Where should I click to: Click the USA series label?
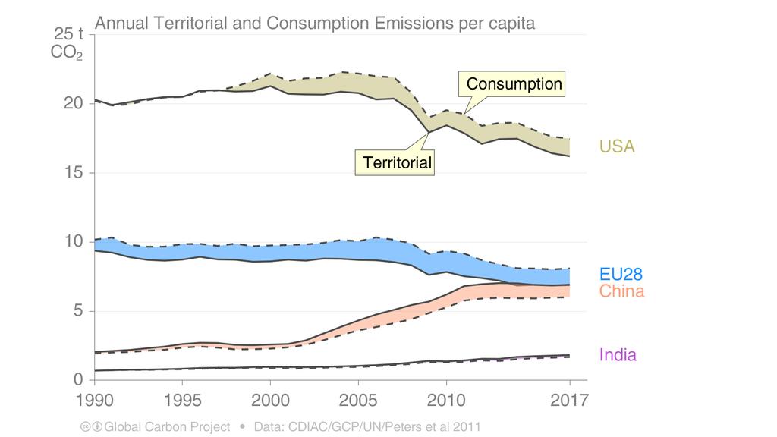(x=617, y=146)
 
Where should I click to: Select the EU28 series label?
(x=621, y=275)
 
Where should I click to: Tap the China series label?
(x=621, y=291)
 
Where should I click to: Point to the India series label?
(x=618, y=354)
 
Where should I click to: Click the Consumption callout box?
(x=514, y=83)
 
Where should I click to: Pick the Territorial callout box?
(x=397, y=162)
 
